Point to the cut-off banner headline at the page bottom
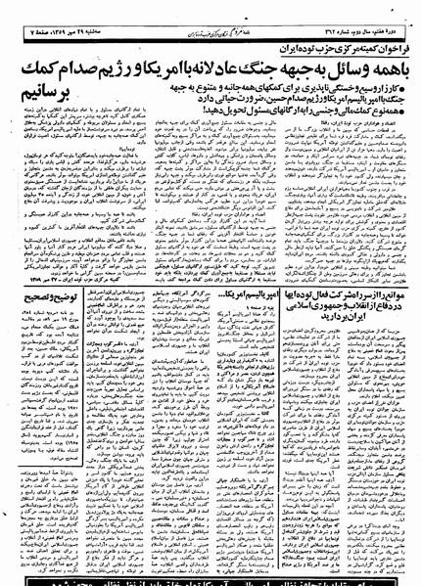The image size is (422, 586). click(x=211, y=579)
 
